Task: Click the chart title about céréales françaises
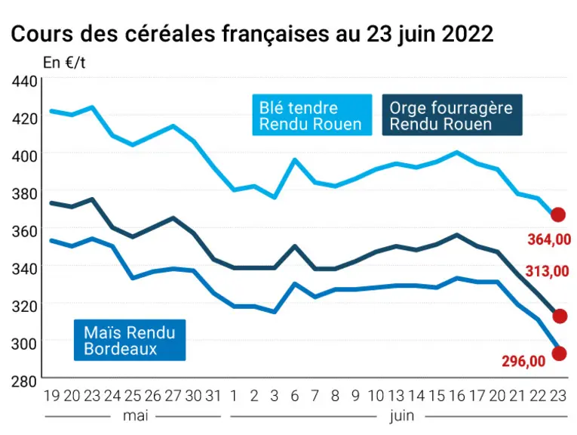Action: pos(252,34)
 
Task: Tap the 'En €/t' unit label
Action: pos(64,63)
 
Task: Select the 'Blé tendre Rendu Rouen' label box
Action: pos(312,115)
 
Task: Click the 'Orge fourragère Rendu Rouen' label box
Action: pos(453,115)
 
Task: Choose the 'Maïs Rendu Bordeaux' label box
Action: pos(130,340)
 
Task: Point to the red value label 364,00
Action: pos(549,239)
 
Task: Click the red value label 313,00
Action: pos(547,271)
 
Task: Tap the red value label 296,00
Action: pos(523,361)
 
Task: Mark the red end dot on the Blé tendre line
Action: pos(558,214)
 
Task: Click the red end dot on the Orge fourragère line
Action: pos(560,316)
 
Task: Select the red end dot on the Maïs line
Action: pos(560,353)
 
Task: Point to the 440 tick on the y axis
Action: pos(24,82)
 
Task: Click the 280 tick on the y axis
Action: pos(24,381)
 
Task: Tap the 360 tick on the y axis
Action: pos(24,231)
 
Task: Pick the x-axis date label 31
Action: pos(213,396)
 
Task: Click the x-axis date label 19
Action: pos(52,396)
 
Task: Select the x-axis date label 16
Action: pos(457,396)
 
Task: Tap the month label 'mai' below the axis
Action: pos(136,416)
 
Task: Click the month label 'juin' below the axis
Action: pos(402,417)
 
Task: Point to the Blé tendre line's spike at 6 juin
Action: pos(294,159)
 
